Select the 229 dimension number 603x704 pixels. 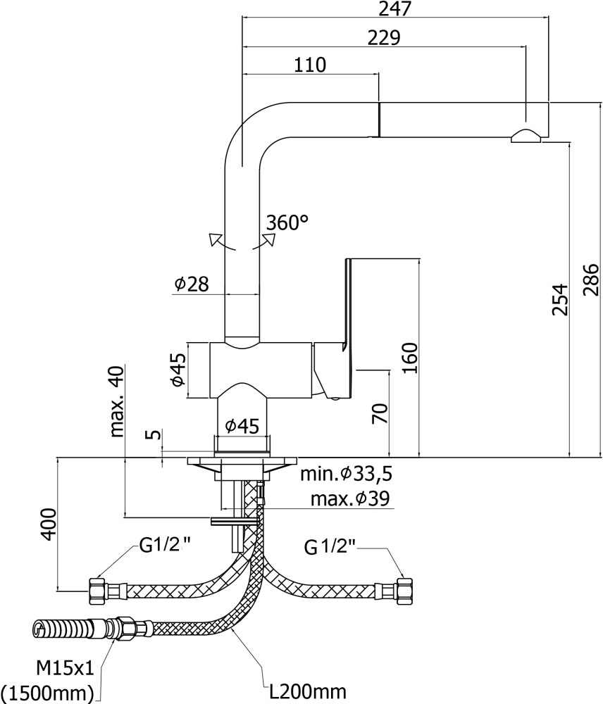[384, 37]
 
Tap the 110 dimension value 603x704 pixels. [310, 65]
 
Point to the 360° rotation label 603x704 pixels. [287, 223]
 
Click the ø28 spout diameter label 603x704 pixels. [192, 284]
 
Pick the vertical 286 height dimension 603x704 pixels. [590, 279]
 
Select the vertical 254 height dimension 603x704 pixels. [559, 299]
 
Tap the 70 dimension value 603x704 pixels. [380, 413]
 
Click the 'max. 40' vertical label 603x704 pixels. [117, 401]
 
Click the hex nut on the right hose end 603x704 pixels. [404, 589]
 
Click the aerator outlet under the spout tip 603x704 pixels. [526, 136]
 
